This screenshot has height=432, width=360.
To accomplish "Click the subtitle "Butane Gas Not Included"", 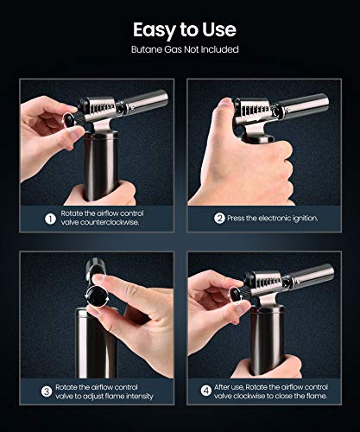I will tap(180, 49).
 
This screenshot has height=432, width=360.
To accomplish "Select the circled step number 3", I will tap(49, 389).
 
